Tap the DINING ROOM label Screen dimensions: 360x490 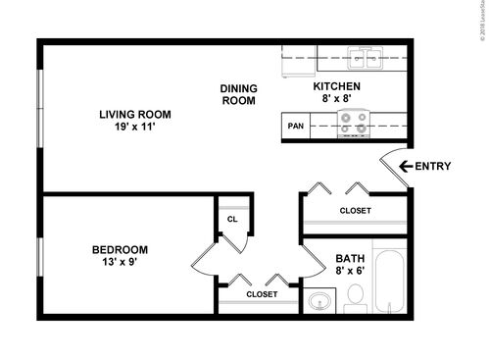click(237, 94)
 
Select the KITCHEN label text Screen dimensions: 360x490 click(336, 86)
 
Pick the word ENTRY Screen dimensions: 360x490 click(432, 166)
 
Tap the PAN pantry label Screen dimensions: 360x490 click(294, 126)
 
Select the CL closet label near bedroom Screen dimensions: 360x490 click(232, 220)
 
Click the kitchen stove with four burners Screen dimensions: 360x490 click(352, 122)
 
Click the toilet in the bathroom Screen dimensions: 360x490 click(355, 295)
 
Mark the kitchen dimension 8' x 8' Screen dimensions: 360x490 click(336, 99)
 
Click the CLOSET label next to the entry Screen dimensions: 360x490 click(355, 210)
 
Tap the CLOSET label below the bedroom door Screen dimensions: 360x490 click(261, 293)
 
